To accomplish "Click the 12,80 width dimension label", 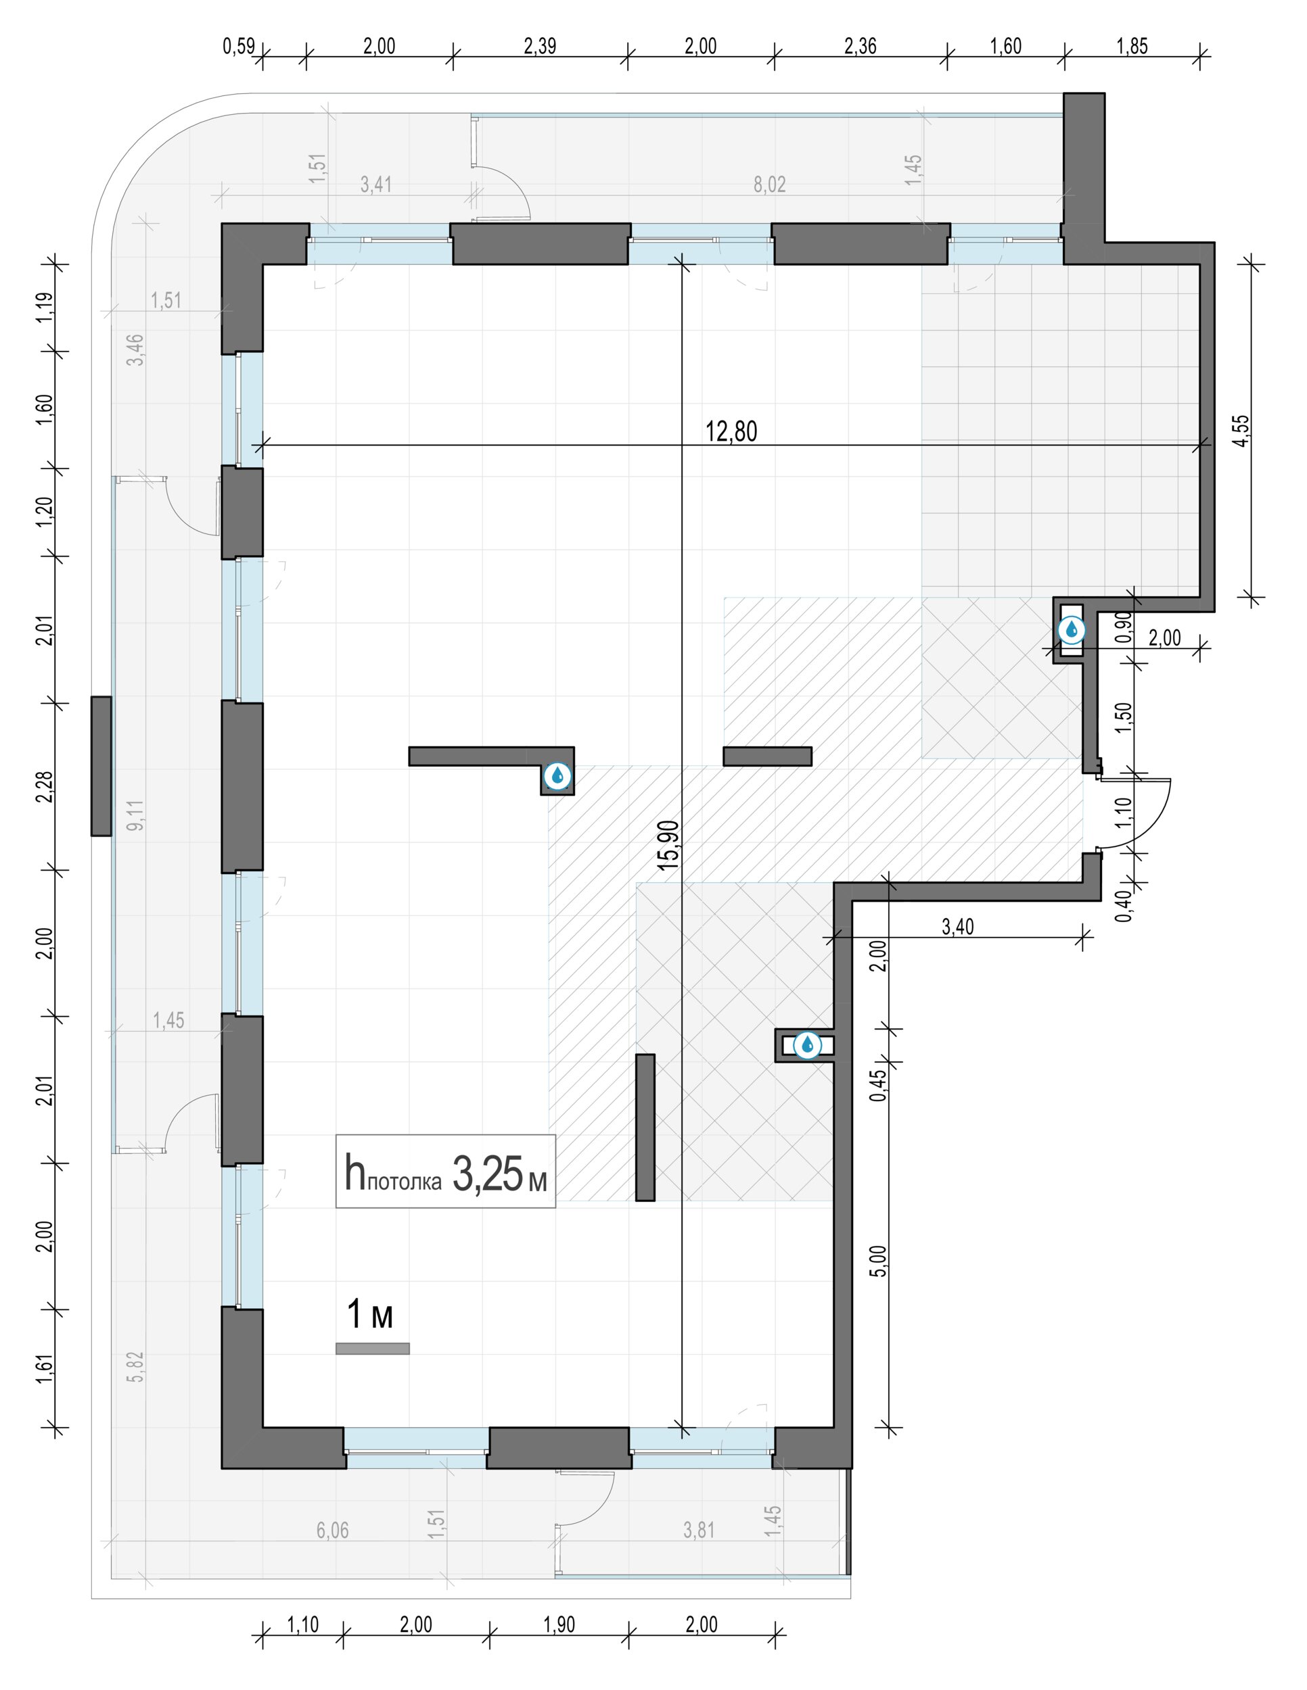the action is point(731,431).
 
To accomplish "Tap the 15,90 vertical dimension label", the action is point(668,845).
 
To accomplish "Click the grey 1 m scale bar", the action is point(373,1349).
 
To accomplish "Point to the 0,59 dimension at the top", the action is point(239,47).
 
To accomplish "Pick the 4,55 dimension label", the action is point(1241,431).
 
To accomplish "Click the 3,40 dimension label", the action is point(958,926).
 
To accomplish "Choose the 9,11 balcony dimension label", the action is point(135,816).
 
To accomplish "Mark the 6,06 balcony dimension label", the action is point(332,1530).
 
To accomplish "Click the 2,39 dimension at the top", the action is point(540,47).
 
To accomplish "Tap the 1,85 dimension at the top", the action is point(1132,47).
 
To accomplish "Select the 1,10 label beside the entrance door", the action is point(1125,813).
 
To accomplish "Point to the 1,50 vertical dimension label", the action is point(1125,717).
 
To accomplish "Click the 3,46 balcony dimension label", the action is point(135,349).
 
